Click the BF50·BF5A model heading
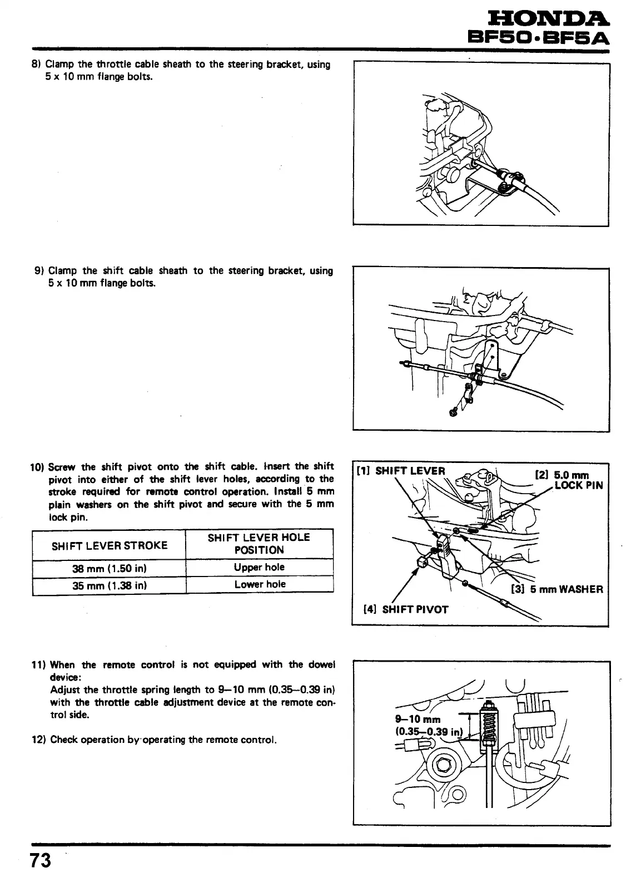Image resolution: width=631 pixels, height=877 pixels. click(538, 38)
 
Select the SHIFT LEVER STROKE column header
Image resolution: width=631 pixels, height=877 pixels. click(109, 545)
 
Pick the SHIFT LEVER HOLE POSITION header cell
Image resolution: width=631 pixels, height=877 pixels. click(259, 544)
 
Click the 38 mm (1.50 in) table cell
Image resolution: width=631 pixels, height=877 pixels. click(109, 569)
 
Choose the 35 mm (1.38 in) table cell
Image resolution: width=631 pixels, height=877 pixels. click(109, 585)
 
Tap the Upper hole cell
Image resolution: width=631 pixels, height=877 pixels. click(259, 568)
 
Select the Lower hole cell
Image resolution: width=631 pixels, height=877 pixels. click(259, 584)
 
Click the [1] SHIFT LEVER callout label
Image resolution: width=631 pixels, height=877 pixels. click(401, 471)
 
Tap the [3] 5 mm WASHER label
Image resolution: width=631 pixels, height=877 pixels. click(557, 589)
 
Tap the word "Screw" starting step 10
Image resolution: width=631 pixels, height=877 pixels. click(60, 466)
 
